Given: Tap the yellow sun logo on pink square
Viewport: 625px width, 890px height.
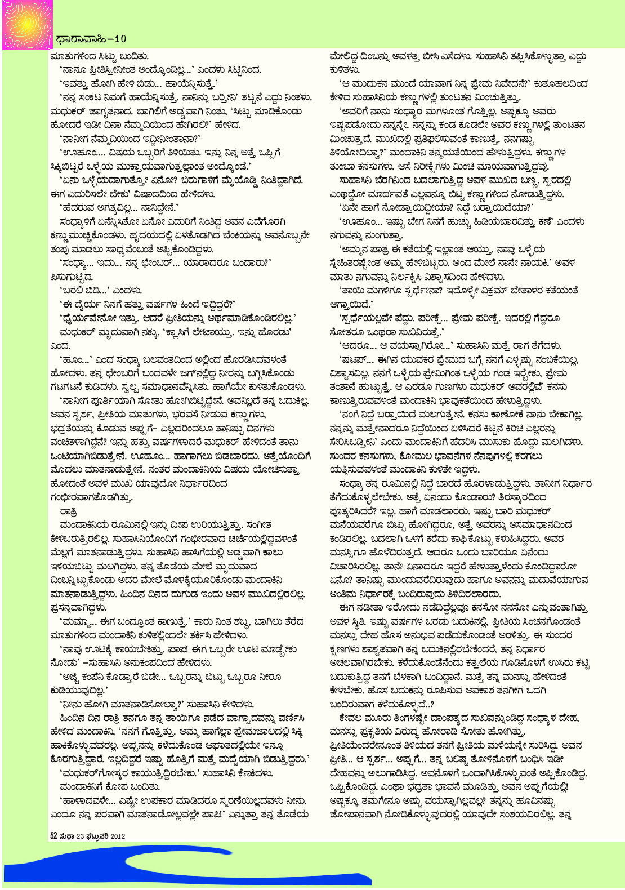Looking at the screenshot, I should coord(26,25).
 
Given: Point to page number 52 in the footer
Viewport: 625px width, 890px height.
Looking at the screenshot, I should coord(54,836).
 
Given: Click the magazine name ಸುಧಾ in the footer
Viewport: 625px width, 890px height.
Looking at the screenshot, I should coord(67,836).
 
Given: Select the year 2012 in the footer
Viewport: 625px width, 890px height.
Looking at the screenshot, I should coord(118,836).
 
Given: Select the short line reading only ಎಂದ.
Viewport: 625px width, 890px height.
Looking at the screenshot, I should coord(60,345).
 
